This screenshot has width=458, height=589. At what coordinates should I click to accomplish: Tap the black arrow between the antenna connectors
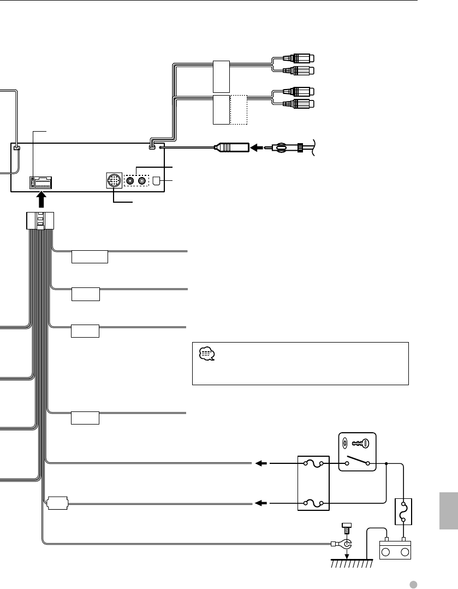pyautogui.click(x=256, y=148)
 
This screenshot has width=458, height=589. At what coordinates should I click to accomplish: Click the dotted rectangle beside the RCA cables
pyautogui.click(x=239, y=110)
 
